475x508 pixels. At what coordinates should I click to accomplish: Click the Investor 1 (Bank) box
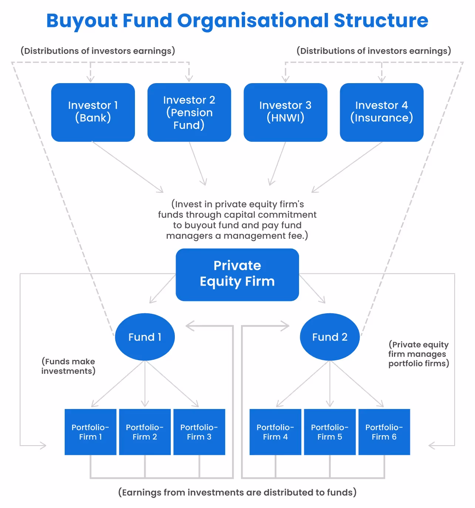click(93, 112)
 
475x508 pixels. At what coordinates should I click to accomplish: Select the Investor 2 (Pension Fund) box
click(189, 112)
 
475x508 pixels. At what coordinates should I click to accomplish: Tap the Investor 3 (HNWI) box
click(285, 112)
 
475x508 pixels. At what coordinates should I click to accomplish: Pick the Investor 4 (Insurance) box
click(381, 112)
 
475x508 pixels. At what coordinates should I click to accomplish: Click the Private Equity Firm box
click(237, 274)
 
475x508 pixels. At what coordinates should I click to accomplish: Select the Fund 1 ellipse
click(145, 337)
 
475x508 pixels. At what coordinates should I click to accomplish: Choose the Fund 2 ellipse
click(329, 337)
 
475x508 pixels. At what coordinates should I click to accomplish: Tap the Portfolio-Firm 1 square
click(91, 432)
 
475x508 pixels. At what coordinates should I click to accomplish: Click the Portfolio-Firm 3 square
click(199, 432)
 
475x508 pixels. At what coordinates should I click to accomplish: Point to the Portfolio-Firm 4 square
click(275, 432)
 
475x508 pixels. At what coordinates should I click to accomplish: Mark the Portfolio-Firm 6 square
click(384, 432)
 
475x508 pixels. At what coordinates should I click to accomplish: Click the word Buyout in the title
click(82, 21)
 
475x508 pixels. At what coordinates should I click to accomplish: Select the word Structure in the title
click(381, 21)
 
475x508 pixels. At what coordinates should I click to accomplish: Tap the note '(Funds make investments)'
click(68, 366)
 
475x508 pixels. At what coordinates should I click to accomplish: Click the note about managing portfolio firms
click(418, 354)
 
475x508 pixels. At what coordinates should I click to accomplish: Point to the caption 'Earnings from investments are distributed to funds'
click(237, 492)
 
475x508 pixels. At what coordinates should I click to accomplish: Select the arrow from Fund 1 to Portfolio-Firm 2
click(145, 384)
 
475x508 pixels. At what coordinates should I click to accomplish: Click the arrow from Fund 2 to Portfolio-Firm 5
click(330, 384)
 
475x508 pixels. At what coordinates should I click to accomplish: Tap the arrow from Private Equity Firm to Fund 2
click(312, 289)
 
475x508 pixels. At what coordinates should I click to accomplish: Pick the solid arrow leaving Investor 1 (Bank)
click(128, 167)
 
